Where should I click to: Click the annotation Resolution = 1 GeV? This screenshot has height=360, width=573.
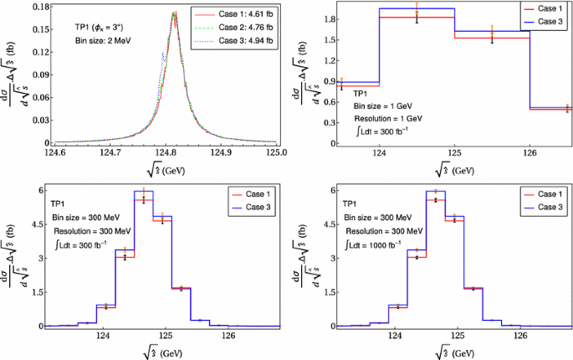[x=390, y=119]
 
